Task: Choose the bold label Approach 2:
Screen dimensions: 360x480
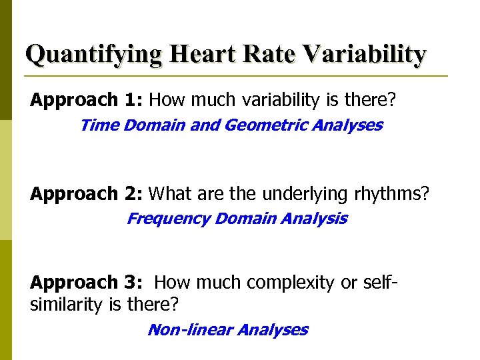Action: point(87,194)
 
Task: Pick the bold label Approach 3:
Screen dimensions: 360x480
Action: point(87,283)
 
